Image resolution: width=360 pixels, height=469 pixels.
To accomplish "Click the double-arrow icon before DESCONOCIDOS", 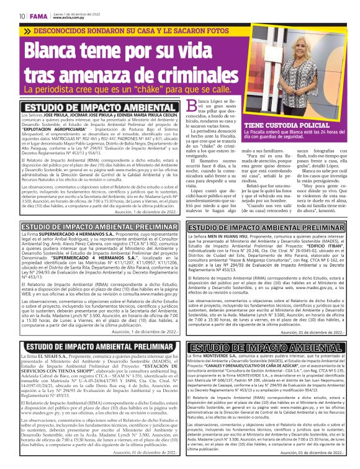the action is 27,31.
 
